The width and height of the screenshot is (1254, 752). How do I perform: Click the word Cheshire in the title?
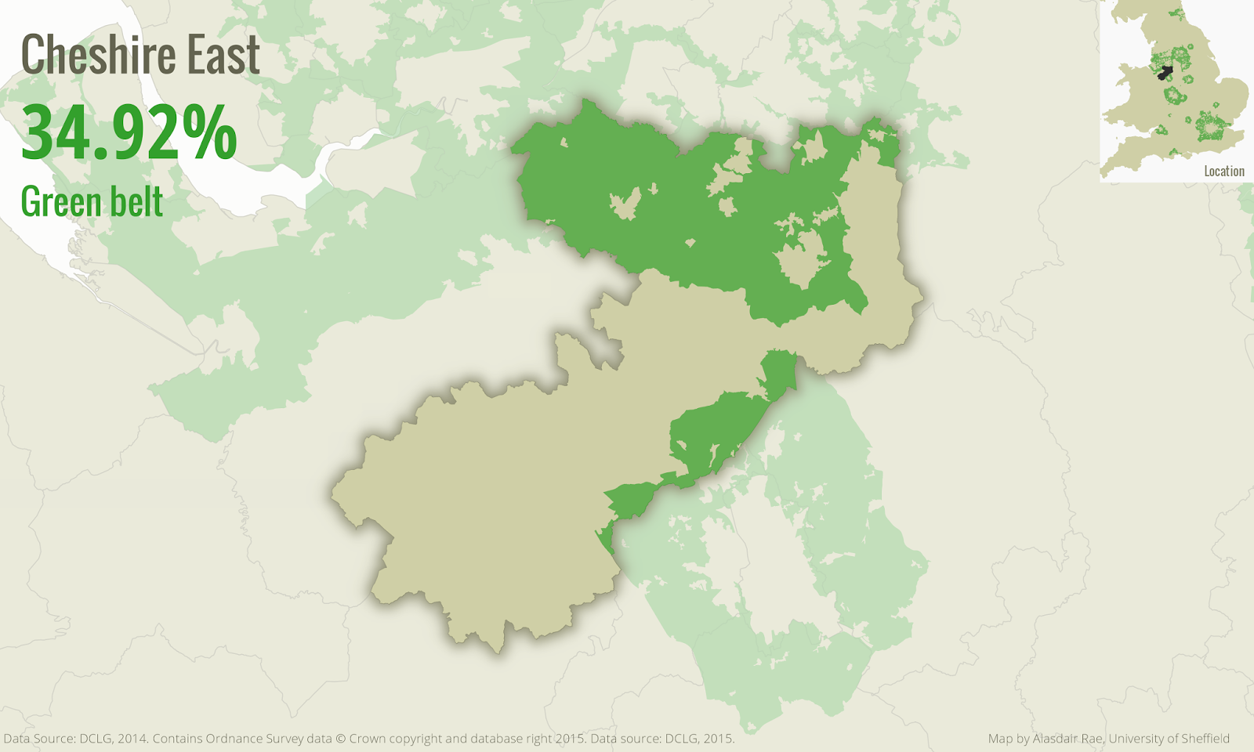[x=87, y=55]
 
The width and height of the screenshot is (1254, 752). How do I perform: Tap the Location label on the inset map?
[x=1223, y=171]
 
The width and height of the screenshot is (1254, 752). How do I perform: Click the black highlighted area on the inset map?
[x=1165, y=73]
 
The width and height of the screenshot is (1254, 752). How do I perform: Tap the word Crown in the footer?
[x=368, y=739]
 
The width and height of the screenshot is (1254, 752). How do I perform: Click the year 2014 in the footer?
[x=132, y=739]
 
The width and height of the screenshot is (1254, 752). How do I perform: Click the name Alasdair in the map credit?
[x=1056, y=739]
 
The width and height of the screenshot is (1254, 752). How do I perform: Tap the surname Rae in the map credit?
[x=1093, y=739]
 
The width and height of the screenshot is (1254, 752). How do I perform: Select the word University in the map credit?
[x=1136, y=739]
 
